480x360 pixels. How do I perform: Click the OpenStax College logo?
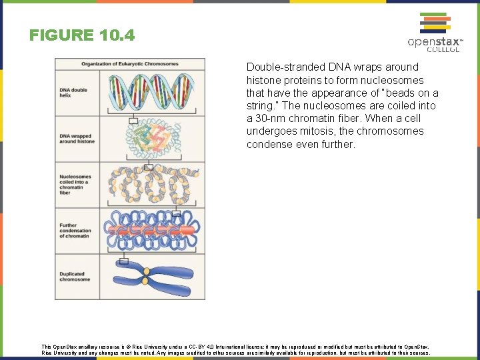435,33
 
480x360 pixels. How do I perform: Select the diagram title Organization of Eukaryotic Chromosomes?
130,64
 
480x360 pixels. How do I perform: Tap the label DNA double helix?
73,93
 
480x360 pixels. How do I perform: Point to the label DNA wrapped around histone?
77,139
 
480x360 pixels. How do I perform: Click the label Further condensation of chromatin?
75,231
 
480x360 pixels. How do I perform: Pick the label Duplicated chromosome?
75,277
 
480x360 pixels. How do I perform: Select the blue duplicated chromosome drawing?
153,276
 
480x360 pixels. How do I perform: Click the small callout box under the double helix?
133,121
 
